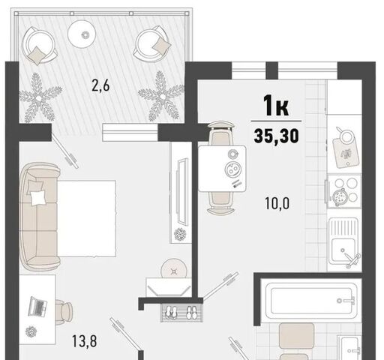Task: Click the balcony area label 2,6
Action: (100, 86)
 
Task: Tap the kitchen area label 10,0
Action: (277, 203)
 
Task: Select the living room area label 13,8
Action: (84, 341)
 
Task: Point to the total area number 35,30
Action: (276, 136)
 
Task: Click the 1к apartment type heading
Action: (276, 106)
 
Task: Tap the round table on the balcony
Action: (82, 34)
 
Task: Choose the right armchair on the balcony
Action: (152, 44)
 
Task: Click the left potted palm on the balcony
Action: (40, 97)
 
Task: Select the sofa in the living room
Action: (40, 217)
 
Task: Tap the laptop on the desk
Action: (37, 307)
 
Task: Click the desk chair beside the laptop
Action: (64, 312)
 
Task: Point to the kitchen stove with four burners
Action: (344, 191)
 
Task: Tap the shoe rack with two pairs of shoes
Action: (181, 313)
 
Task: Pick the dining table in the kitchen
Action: (222, 169)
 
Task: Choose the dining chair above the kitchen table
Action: (222, 133)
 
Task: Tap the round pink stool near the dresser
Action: (174, 268)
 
